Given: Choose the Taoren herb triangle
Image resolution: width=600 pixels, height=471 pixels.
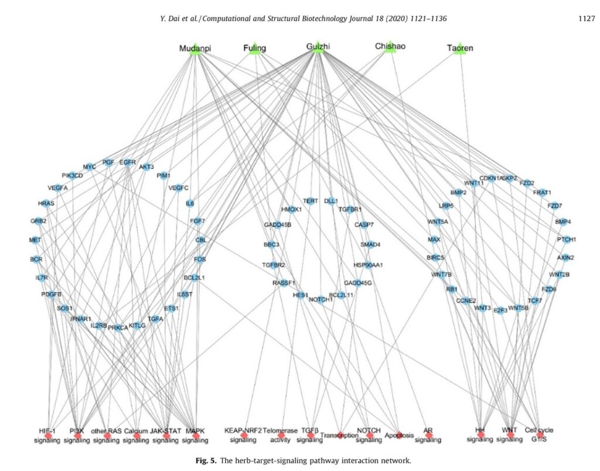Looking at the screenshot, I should pos(460,50).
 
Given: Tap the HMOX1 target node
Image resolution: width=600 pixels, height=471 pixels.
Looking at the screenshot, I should pos(291,209).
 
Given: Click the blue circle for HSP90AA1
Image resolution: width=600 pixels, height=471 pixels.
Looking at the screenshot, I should pos(368,265).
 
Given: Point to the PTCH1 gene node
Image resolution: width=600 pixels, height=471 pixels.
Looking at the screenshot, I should pos(566,240).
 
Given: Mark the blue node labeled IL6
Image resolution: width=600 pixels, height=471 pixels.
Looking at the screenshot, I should pos(190,204).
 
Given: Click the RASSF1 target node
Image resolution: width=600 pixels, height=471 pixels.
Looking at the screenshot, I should pos(284,283).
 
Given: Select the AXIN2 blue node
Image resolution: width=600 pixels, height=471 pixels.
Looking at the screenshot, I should pos(565,258).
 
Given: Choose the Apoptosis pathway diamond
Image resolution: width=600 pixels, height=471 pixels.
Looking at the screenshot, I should pos(399,435).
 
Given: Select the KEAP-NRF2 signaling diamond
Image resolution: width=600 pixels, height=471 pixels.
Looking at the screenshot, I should pos(243,435).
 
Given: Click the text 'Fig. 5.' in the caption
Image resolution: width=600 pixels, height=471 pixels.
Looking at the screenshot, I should pos(205,460).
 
